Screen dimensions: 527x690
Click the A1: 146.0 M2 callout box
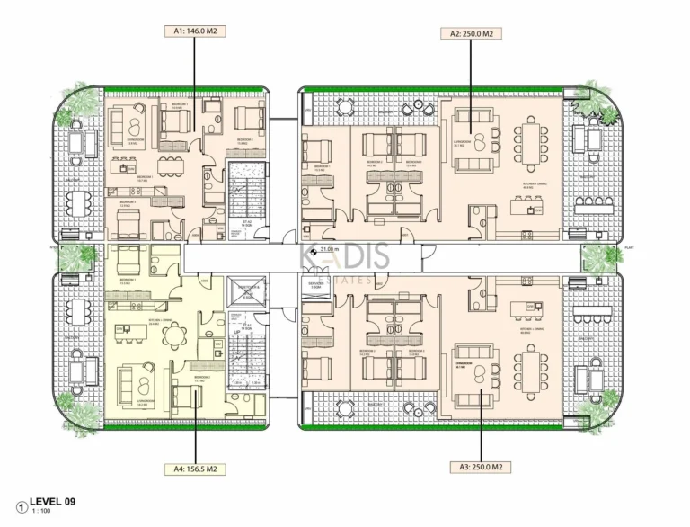[x=195, y=31]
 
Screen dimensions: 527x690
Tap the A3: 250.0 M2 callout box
[x=482, y=468]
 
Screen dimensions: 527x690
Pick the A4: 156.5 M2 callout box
[x=194, y=469]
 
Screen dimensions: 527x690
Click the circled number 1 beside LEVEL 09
[x=21, y=505]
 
